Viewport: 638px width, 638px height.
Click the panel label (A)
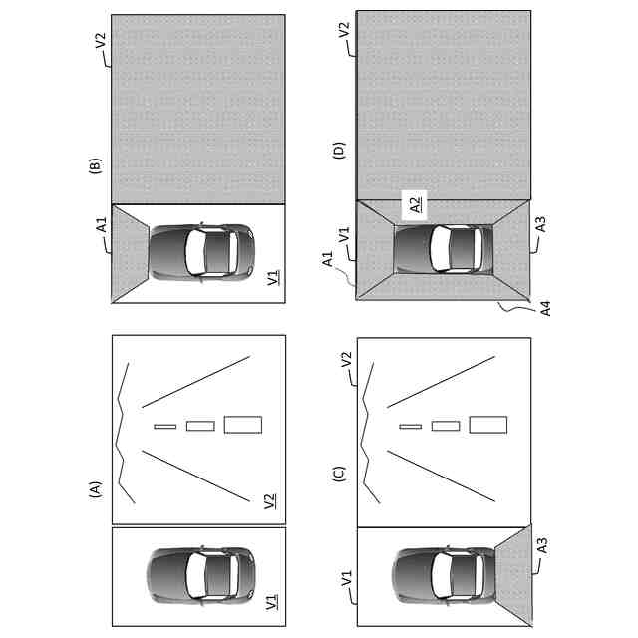(96, 489)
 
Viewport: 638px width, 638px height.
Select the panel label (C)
(339, 474)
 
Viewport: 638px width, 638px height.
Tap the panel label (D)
(339, 153)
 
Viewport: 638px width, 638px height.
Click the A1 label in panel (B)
(101, 227)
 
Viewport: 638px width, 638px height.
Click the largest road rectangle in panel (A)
(243, 425)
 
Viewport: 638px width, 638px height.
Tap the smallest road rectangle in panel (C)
(410, 426)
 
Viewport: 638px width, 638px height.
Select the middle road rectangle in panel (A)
(200, 426)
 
